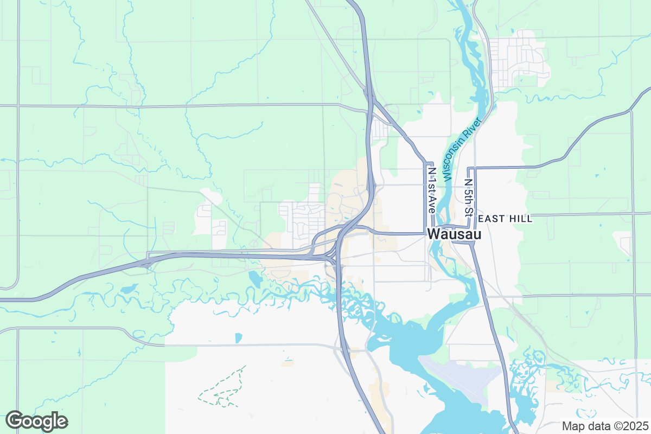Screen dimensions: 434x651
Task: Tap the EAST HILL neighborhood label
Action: coord(506,219)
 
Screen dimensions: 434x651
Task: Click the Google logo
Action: coord(36,421)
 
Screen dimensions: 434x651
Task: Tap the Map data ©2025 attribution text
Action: coord(604,426)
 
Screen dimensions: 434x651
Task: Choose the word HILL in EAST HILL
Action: coord(521,219)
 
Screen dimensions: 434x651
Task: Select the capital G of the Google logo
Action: coord(15,421)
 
